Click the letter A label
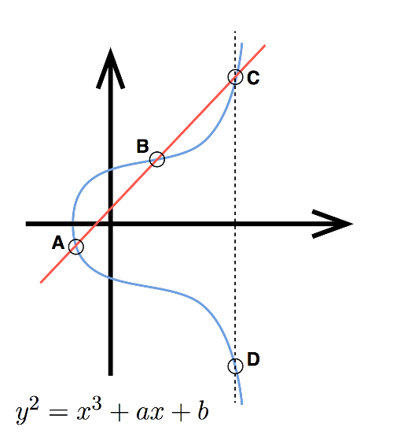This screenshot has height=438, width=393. pyautogui.click(x=58, y=243)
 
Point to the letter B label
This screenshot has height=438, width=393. pyautogui.click(x=143, y=146)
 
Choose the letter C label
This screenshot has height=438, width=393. pyautogui.click(x=253, y=78)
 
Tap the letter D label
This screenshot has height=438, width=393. pyautogui.click(x=253, y=359)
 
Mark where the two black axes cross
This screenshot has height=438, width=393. pyautogui.click(x=111, y=224)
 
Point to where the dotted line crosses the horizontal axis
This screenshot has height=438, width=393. pyautogui.click(x=235, y=224)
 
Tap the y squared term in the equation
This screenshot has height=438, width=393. pyautogui.click(x=27, y=412)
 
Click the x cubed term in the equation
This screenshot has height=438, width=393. pyautogui.click(x=89, y=411)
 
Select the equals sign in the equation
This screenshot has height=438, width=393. pyautogui.click(x=57, y=414)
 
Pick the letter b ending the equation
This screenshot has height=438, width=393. pyautogui.click(x=204, y=410)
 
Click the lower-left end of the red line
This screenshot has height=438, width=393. pyautogui.click(x=41, y=283)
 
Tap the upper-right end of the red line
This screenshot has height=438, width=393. pyautogui.click(x=265, y=45)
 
